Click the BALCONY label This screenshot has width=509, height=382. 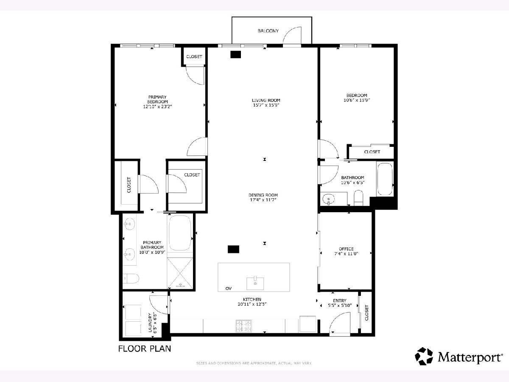(268, 31)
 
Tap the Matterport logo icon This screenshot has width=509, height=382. (424, 356)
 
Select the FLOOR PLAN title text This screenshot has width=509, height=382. (145, 349)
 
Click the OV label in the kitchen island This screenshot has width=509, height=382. (228, 289)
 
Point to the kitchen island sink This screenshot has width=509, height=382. (255, 283)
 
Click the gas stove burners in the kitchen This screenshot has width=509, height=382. (244, 326)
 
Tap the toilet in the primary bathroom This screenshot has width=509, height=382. (131, 278)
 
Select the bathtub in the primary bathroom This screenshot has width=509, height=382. (180, 233)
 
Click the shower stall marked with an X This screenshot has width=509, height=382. (180, 273)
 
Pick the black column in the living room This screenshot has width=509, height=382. (235, 54)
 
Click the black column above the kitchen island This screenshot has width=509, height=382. (233, 249)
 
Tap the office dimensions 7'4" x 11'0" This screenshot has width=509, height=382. (346, 254)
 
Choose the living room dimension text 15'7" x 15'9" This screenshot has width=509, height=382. (266, 105)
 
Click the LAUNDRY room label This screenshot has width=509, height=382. (150, 323)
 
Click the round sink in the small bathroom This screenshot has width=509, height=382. (329, 199)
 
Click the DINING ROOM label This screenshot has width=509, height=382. (263, 195)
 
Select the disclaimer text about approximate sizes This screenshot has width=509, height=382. (254, 363)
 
